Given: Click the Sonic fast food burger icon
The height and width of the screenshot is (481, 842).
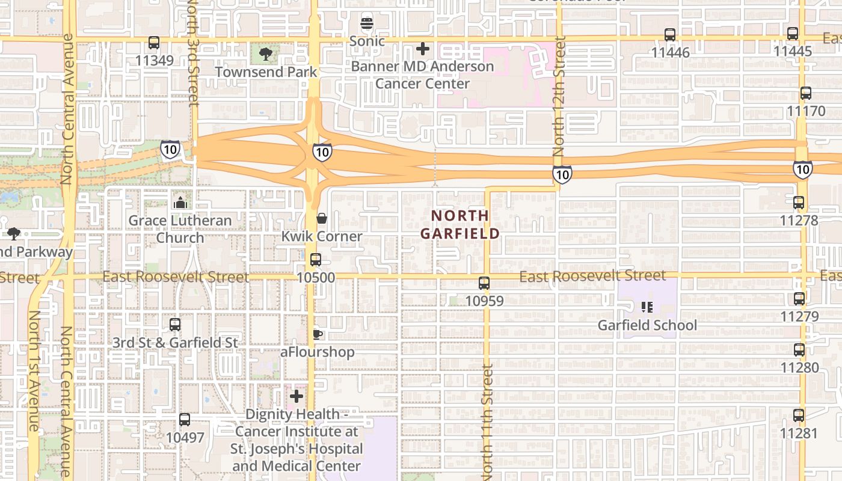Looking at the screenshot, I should click(367, 24).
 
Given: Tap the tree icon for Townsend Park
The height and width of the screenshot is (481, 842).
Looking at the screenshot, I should click(265, 55).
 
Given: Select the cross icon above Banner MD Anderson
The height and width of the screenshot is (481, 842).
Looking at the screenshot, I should click(423, 48).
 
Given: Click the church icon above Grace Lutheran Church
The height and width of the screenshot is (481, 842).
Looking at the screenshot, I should click(180, 203).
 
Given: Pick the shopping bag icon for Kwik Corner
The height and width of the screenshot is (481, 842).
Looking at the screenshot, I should click(322, 218).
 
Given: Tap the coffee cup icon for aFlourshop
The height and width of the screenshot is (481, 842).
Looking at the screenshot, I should click(317, 334).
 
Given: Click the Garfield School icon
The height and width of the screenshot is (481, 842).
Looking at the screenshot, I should click(647, 308).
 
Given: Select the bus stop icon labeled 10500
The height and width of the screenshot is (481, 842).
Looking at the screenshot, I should click(315, 260).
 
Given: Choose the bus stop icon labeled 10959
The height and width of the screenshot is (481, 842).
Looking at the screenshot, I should click(484, 283).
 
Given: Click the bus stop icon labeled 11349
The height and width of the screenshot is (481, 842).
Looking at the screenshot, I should click(154, 43).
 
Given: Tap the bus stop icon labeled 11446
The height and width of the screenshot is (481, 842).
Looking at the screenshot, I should click(670, 35).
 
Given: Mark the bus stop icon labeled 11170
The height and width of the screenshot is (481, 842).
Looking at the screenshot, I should click(806, 93).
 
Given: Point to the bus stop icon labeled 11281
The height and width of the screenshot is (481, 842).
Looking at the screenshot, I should click(799, 415).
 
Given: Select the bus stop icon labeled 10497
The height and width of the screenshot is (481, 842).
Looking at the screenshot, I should click(185, 419).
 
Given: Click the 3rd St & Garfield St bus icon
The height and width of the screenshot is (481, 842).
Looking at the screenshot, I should click(175, 325).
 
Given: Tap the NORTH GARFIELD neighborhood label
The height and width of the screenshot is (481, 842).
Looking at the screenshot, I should click(460, 224).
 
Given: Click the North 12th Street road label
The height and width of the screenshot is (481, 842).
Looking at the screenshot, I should click(559, 96).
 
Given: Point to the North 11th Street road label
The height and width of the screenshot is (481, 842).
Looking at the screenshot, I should click(487, 421).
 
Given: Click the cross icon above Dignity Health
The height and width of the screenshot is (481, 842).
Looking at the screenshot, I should click(297, 396).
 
